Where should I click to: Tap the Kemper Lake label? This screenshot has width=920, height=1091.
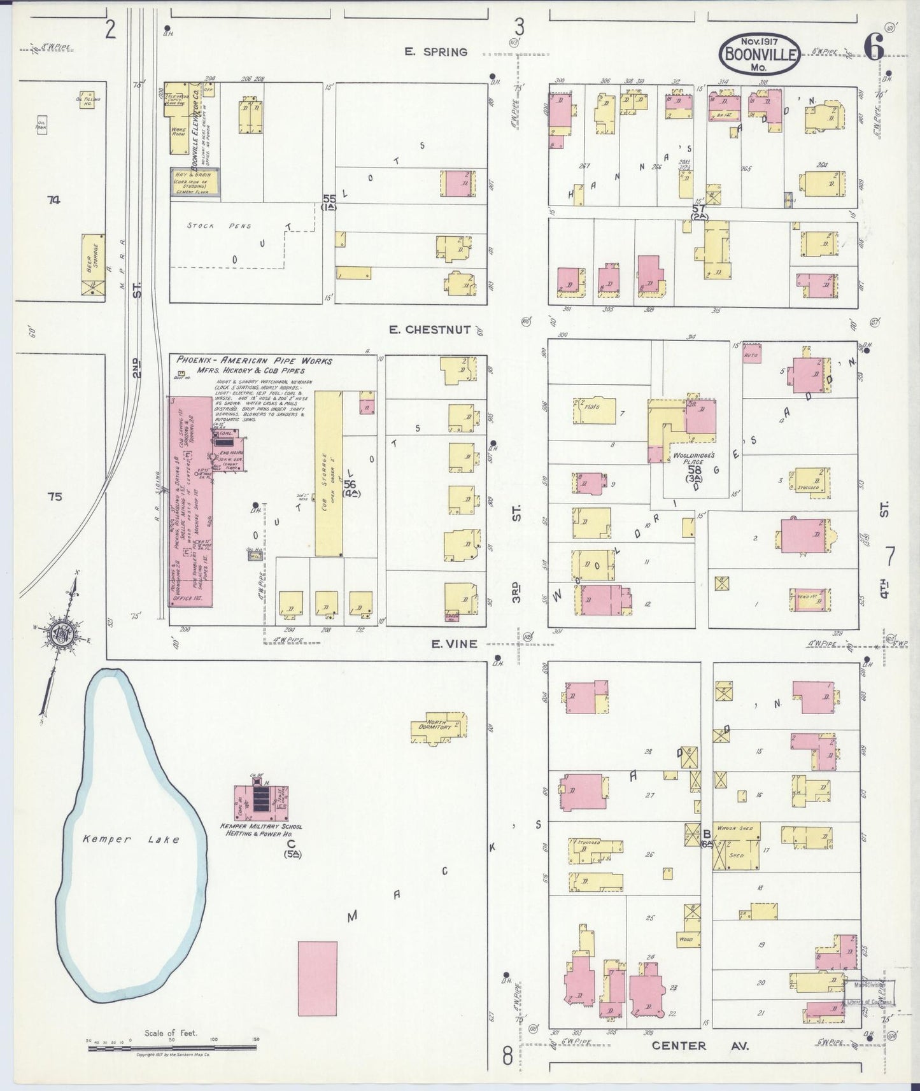(131, 839)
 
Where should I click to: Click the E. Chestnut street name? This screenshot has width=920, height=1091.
(430, 330)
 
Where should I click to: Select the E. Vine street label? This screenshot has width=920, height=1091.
(453, 644)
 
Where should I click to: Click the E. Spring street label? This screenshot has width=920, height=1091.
(435, 52)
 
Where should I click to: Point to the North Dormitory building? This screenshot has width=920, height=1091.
(439, 728)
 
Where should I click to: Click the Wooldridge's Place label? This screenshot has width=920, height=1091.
(693, 460)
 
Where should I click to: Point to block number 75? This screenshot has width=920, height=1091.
(55, 496)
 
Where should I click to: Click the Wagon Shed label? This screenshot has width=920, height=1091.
(735, 828)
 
